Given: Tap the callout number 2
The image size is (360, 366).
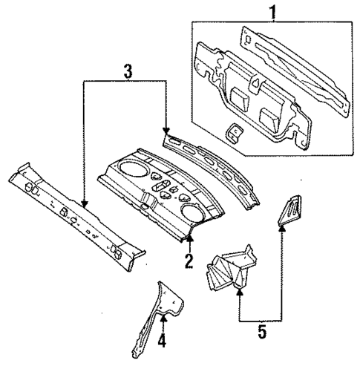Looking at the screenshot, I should pos(189,261).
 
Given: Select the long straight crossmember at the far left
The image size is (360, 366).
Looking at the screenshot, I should pos(74,215).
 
